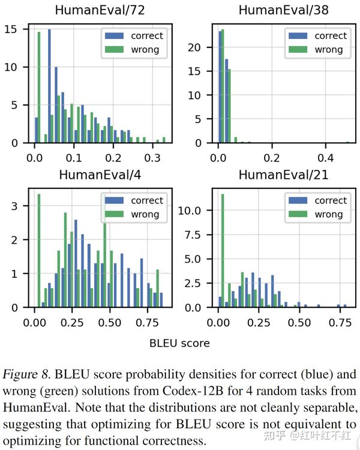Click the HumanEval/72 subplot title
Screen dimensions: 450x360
[97, 10]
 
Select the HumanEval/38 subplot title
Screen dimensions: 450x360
[279, 10]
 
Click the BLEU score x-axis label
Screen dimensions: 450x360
[180, 343]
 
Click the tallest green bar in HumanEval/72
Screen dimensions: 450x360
[40, 87]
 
